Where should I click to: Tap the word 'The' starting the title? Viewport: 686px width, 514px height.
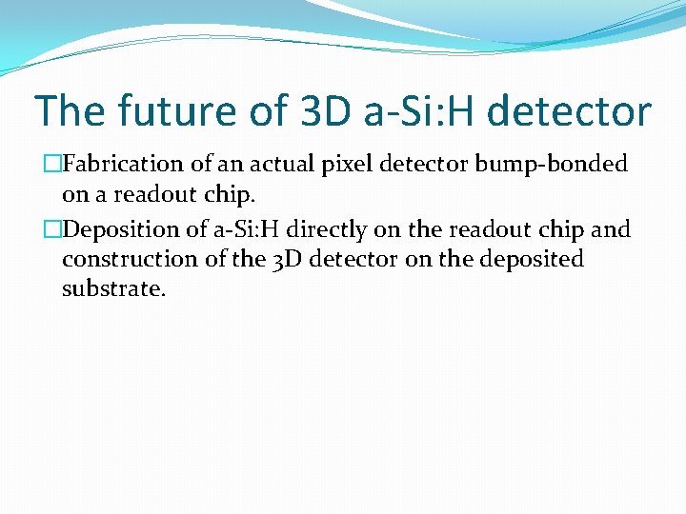[x=69, y=111]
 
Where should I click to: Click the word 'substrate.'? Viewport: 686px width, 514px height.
[x=113, y=288]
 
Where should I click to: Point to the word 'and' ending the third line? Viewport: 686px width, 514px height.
[x=611, y=229]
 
